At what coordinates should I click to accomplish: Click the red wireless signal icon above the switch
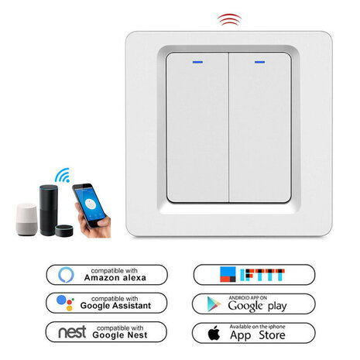228,19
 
